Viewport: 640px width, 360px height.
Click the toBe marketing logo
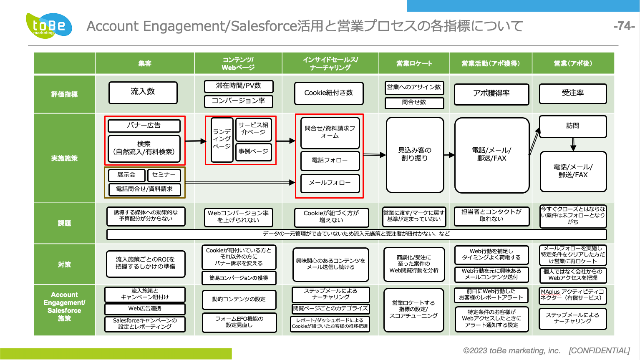pyautogui.click(x=49, y=25)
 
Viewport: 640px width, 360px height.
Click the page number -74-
pyautogui.click(x=624, y=26)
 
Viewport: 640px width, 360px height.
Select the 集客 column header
pyautogui.click(x=145, y=63)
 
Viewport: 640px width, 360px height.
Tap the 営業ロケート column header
pyautogui.click(x=414, y=63)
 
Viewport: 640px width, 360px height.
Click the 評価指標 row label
pyautogui.click(x=64, y=94)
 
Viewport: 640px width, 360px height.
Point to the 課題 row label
pyautogui.click(x=64, y=223)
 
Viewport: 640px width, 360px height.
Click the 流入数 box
pyautogui.click(x=143, y=93)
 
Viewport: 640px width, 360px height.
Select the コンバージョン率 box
pyautogui.click(x=239, y=101)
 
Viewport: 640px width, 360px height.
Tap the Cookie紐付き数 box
pyautogui.click(x=329, y=93)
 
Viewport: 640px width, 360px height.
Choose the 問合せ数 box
pyautogui.click(x=414, y=103)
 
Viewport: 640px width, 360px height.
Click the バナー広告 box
pyautogui.click(x=144, y=126)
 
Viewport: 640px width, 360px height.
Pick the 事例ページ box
pyautogui.click(x=253, y=152)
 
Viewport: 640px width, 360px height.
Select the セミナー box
pyautogui.click(x=164, y=175)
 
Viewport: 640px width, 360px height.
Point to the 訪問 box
pyautogui.click(x=573, y=126)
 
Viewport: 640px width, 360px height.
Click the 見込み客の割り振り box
pyautogui.click(x=415, y=155)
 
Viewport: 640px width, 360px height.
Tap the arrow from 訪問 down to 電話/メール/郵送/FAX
pyautogui.click(x=573, y=144)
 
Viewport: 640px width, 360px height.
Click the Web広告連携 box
pyautogui.click(x=145, y=309)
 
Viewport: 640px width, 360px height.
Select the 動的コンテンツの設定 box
pyautogui.click(x=239, y=300)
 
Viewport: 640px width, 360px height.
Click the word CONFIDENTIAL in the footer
pyautogui.click(x=599, y=351)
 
